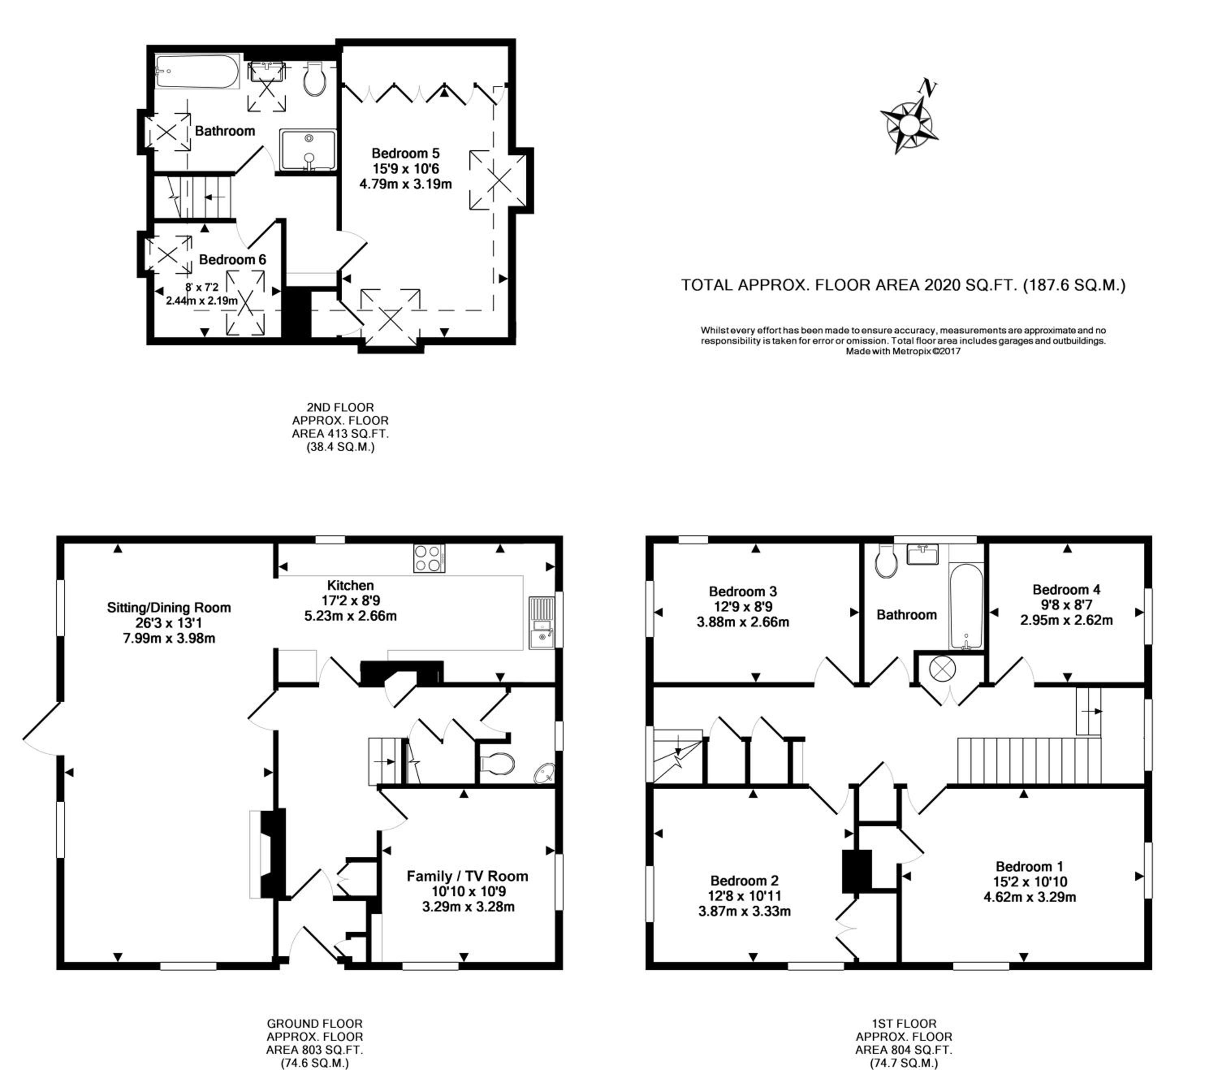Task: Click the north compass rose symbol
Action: (x=908, y=124)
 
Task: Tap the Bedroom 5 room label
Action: (x=405, y=153)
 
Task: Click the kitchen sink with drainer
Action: (x=541, y=622)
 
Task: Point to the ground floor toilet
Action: (x=497, y=764)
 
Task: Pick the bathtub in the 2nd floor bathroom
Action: (x=197, y=71)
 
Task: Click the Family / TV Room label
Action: (x=467, y=876)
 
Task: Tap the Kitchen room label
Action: (x=350, y=585)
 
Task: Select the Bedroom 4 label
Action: (x=1066, y=589)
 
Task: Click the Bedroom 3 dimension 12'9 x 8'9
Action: (x=743, y=607)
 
